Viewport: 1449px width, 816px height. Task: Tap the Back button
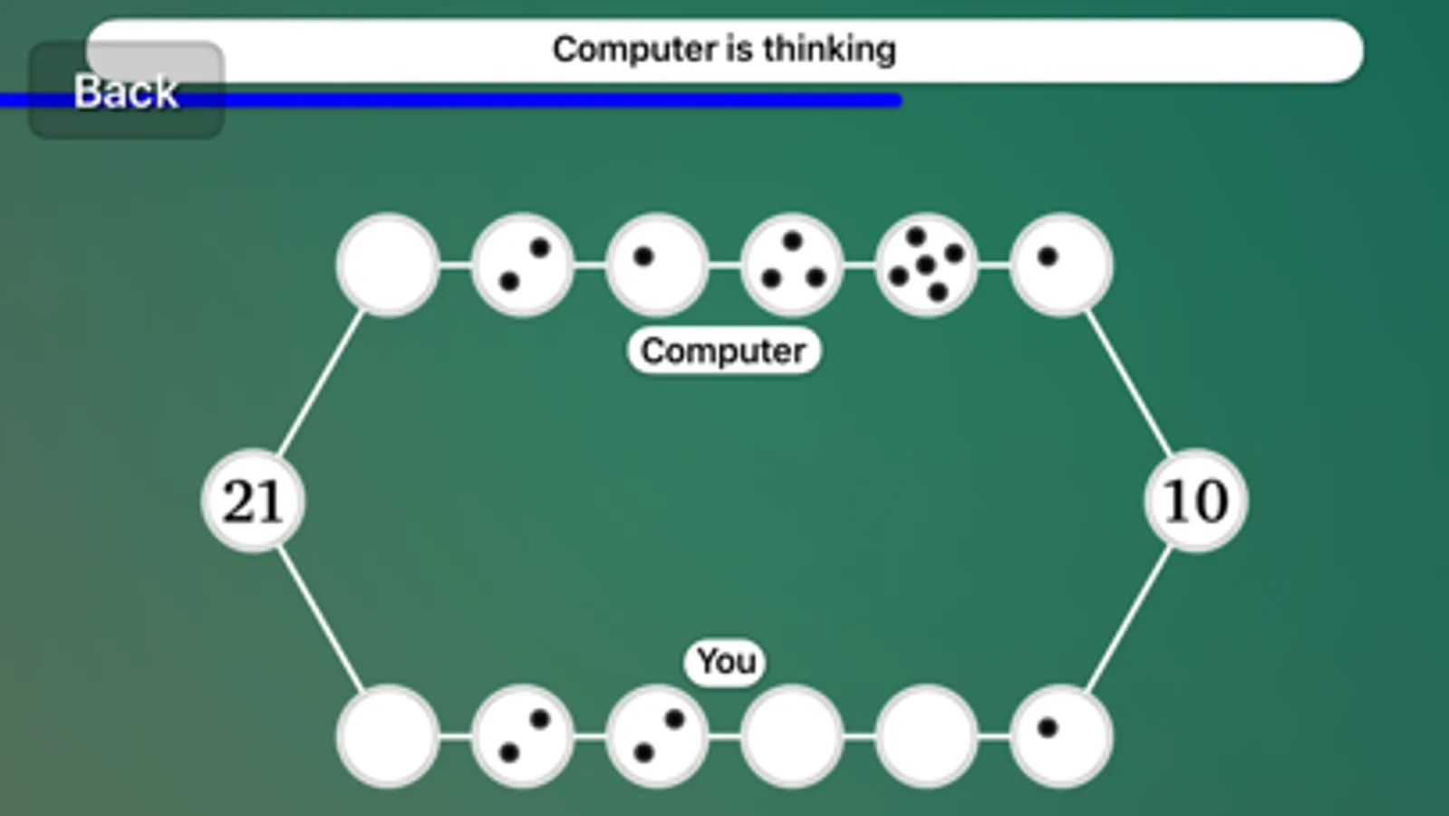pos(126,91)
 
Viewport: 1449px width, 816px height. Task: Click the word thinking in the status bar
pos(829,49)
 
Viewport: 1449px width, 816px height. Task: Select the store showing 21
pos(253,500)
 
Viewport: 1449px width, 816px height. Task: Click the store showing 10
pos(1195,500)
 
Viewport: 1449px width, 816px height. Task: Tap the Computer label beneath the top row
pos(723,351)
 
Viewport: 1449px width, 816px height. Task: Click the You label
pos(726,662)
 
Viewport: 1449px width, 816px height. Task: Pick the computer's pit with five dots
pos(926,265)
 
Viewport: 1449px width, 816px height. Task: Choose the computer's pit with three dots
pos(792,265)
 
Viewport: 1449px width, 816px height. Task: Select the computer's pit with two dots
pos(523,265)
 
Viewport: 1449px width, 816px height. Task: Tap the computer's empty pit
pos(388,265)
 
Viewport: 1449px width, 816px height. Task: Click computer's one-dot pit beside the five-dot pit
pos(1061,265)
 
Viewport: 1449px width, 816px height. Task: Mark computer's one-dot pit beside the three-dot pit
pos(657,265)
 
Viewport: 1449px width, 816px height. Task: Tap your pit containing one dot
pos(1061,736)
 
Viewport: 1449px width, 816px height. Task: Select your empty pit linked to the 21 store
pos(388,736)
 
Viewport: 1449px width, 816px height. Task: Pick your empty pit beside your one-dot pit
pos(926,736)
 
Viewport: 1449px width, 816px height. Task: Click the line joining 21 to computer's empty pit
pos(320,383)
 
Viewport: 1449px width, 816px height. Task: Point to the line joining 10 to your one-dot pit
pos(1128,618)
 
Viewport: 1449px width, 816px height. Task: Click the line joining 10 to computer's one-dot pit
pos(1128,383)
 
